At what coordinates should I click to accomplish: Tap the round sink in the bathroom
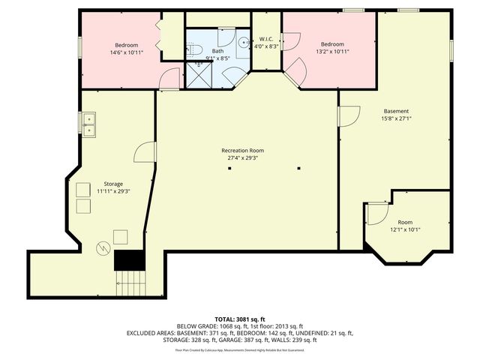[x=244, y=43]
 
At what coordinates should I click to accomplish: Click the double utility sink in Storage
[x=88, y=124]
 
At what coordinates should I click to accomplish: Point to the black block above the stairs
[x=128, y=260]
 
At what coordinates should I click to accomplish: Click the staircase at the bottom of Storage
[x=132, y=283]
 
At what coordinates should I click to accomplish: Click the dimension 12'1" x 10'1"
[x=405, y=230]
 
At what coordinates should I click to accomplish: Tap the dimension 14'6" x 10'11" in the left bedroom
[x=126, y=52]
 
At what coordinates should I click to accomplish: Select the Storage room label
[x=113, y=184]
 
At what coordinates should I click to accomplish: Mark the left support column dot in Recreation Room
[x=231, y=167]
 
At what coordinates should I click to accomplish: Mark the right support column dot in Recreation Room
[x=298, y=167]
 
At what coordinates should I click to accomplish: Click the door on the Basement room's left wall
[x=349, y=115]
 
